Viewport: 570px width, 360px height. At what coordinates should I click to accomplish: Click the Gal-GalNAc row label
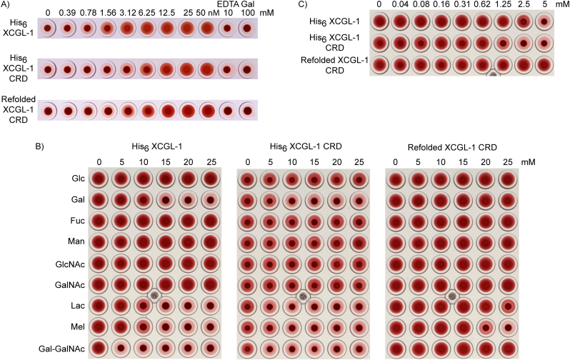60,349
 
